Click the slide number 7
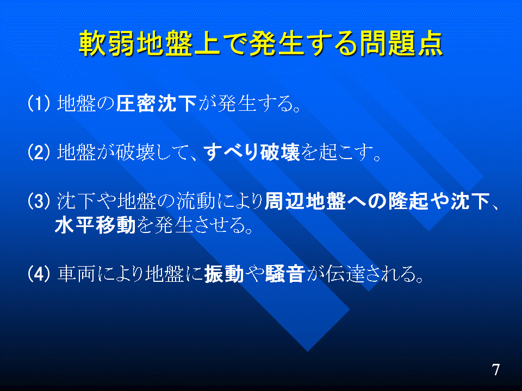point(496,369)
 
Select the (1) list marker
point(39,103)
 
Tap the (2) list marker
point(39,152)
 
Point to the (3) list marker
point(39,201)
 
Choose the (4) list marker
point(39,274)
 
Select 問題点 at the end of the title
point(400,43)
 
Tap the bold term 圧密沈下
point(157,103)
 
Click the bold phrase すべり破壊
point(252,152)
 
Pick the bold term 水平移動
point(95,225)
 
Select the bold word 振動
point(224,274)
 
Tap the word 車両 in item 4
point(76,274)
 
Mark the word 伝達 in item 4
point(345,274)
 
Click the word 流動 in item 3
point(196,201)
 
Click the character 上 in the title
point(207,43)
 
